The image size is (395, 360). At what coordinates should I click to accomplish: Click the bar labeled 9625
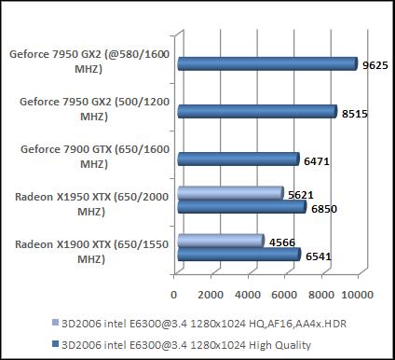pos(266,64)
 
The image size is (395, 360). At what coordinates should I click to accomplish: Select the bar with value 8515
pos(255,112)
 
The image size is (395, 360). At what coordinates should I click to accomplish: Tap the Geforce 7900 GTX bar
pos(237,159)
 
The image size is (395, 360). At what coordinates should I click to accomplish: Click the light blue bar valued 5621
pos(228,193)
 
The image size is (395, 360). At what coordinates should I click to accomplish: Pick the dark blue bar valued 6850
pos(240,207)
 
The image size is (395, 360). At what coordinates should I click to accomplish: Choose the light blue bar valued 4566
pos(219,241)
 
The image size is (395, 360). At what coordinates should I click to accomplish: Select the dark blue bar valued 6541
pos(237,255)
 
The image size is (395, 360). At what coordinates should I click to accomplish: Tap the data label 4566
pos(280,242)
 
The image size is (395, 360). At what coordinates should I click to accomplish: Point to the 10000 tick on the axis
pos(359,294)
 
